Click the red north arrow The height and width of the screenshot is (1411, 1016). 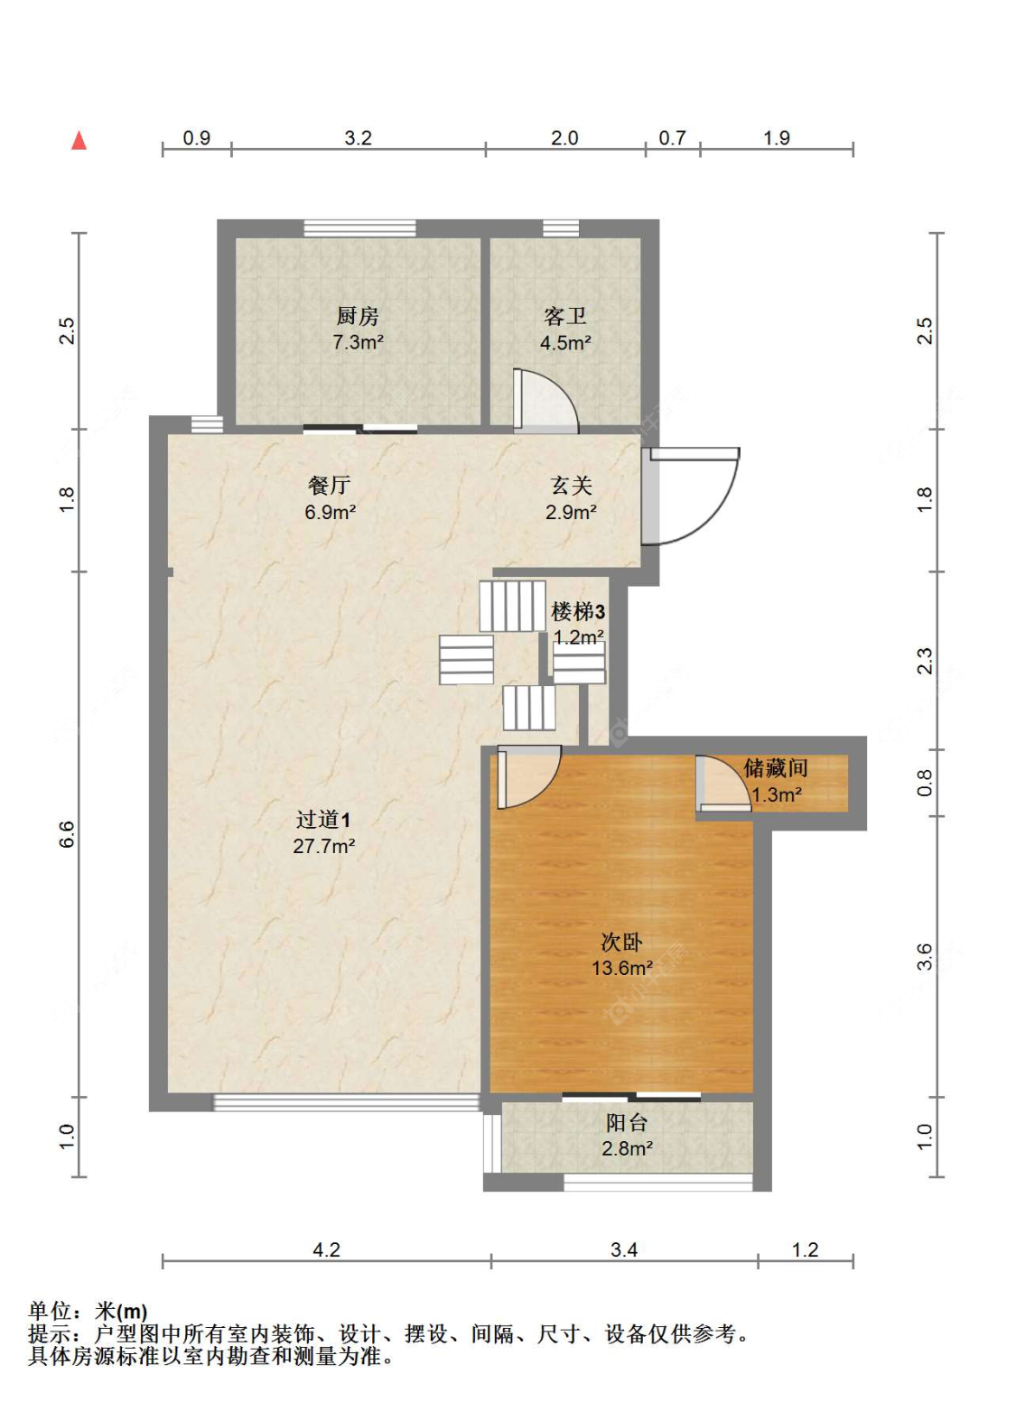[x=79, y=141]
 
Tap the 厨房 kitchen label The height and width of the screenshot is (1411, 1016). [x=358, y=316]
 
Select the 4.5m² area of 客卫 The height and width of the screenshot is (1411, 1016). [x=565, y=343]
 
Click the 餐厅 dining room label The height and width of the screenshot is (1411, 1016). [x=329, y=485]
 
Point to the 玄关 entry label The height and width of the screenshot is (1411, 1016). [x=571, y=485]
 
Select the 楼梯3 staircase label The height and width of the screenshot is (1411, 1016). [x=578, y=611]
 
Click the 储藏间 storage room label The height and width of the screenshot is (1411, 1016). [x=775, y=768]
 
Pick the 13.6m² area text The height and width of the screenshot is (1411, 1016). [x=622, y=968]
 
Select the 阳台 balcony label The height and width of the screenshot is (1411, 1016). [x=627, y=1122]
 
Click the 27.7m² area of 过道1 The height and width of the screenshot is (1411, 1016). [x=324, y=846]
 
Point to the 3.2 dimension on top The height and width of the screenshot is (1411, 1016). [x=358, y=137]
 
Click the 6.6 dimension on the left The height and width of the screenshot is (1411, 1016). [x=67, y=834]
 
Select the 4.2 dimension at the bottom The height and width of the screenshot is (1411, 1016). [x=327, y=1249]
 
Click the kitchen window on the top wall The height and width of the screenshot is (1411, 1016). [x=359, y=228]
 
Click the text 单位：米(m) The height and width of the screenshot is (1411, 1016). [x=88, y=1311]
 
